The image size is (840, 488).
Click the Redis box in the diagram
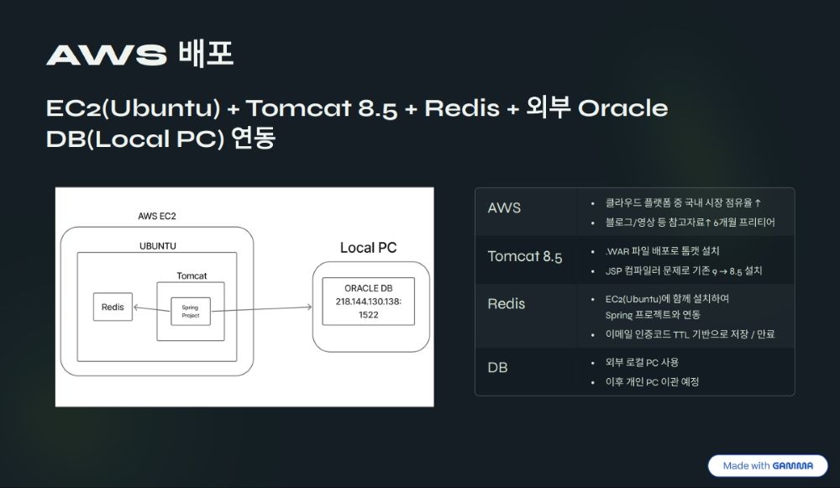click(x=113, y=307)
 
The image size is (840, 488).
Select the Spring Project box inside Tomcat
click(x=191, y=312)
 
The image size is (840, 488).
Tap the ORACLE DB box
click(x=369, y=301)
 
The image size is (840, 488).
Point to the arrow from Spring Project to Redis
click(x=152, y=309)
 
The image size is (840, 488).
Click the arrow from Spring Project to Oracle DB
click(x=261, y=309)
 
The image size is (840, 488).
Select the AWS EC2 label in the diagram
click(x=157, y=217)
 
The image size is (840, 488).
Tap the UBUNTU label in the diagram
click(x=158, y=246)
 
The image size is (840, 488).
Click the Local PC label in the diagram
click(x=369, y=248)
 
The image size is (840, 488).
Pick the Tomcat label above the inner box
click(x=192, y=275)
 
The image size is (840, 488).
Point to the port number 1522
click(x=369, y=315)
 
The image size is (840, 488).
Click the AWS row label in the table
click(x=504, y=207)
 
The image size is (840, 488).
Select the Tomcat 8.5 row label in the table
click(x=525, y=256)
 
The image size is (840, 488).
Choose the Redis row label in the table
click(x=507, y=304)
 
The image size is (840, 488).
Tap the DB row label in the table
click(x=497, y=368)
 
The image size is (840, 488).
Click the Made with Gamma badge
click(x=768, y=465)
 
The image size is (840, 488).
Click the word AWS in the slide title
click(x=107, y=55)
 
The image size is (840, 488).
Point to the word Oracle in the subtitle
click(x=623, y=108)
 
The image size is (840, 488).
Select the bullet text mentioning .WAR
click(x=662, y=250)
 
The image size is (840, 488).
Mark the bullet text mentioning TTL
click(x=690, y=334)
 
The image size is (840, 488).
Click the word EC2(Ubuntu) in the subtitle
click(x=134, y=108)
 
